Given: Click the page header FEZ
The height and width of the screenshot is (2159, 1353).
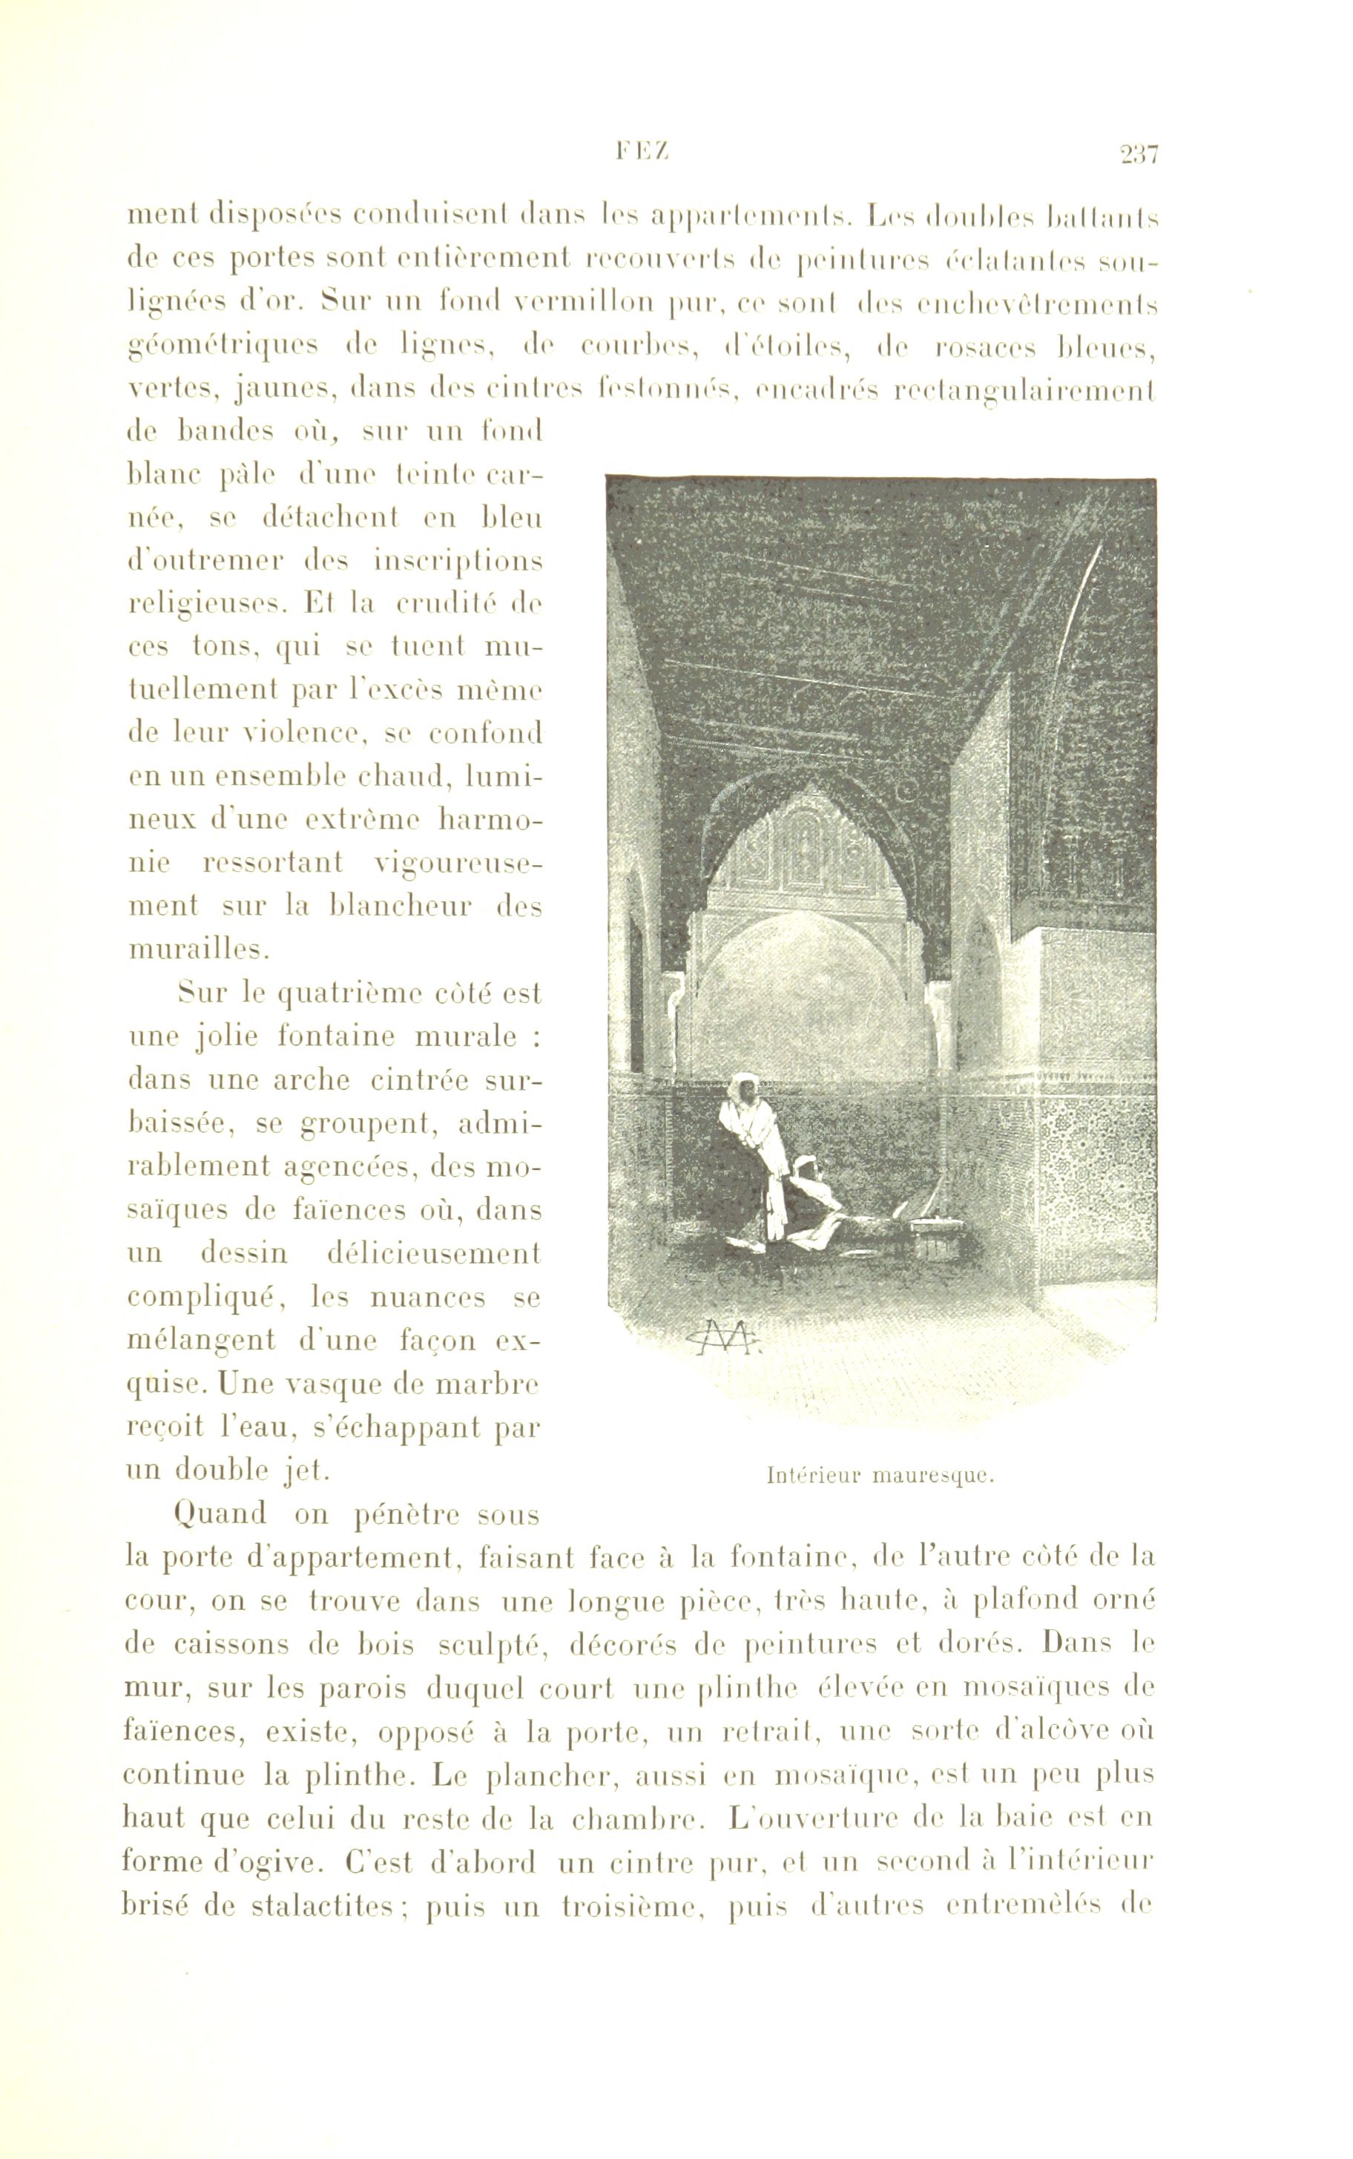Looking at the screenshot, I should pyautogui.click(x=642, y=153).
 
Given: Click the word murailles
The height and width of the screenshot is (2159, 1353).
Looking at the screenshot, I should pyautogui.click(x=199, y=950).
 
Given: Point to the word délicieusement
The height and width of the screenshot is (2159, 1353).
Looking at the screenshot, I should pyautogui.click(x=429, y=1252).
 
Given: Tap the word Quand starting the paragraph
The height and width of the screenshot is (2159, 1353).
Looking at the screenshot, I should pyautogui.click(x=222, y=1513).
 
